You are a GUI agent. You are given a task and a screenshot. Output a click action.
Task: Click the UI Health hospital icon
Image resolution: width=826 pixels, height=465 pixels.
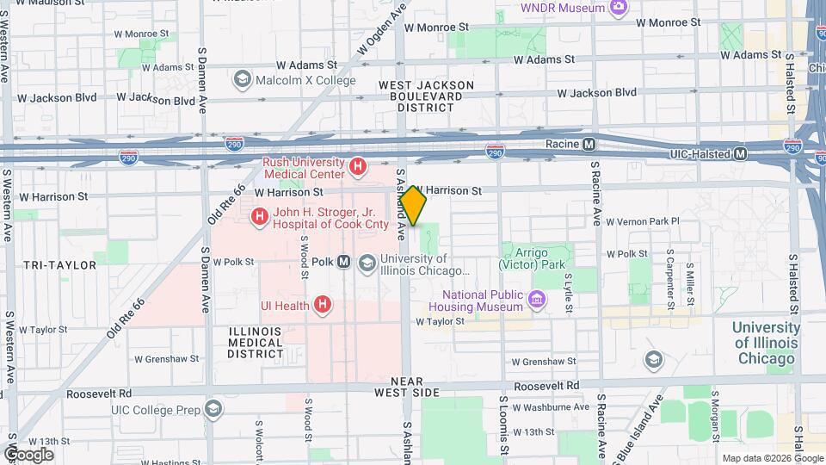pos(323,304)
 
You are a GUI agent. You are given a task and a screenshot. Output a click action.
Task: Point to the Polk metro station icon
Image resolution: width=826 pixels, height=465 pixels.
pos(343,262)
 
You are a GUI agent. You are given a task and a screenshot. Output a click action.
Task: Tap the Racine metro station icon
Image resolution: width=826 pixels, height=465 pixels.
pos(589,145)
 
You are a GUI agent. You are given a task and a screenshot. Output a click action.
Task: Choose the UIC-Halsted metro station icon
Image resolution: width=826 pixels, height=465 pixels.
pos(740,154)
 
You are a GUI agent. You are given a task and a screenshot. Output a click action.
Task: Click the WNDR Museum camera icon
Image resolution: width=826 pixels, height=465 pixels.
pos(618,9)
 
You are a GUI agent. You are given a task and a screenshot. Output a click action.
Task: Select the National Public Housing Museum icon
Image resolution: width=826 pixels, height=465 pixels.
pos(539,301)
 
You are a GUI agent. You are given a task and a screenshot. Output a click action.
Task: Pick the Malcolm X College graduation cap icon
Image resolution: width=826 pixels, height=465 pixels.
pos(243,80)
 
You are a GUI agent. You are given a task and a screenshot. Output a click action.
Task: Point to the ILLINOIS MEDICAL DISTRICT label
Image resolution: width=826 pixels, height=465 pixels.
pos(256,343)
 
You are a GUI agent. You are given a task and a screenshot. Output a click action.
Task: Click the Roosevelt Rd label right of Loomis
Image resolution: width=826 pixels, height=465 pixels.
pos(546,386)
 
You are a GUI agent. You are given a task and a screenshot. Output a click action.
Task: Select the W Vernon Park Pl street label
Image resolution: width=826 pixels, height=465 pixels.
pos(643,221)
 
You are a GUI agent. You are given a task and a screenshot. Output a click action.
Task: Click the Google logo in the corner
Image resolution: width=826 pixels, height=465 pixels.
pos(28,454)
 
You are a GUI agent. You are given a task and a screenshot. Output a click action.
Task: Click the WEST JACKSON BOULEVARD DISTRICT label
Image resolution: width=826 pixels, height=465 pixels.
pos(426,96)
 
